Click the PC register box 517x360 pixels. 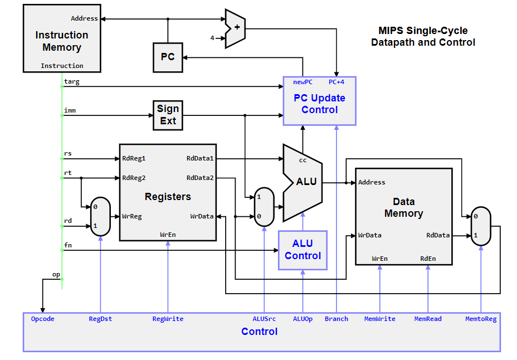click(168, 57)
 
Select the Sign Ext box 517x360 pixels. click(168, 115)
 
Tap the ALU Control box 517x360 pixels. click(303, 250)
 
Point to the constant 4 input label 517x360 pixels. click(212, 38)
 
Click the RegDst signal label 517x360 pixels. click(100, 319)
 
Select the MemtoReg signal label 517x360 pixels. click(481, 319)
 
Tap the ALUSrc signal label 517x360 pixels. click(264, 319)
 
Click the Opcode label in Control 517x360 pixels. click(43, 319)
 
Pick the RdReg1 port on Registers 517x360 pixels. click(134, 158)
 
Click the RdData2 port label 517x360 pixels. click(201, 178)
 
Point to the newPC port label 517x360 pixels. click(303, 82)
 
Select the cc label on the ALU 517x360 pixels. click(303, 160)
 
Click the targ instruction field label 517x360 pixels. click(72, 81)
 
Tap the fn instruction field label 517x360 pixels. click(68, 246)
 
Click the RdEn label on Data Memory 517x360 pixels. click(428, 259)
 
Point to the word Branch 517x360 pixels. click(336, 319)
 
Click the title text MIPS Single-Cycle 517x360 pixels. click(423, 31)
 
